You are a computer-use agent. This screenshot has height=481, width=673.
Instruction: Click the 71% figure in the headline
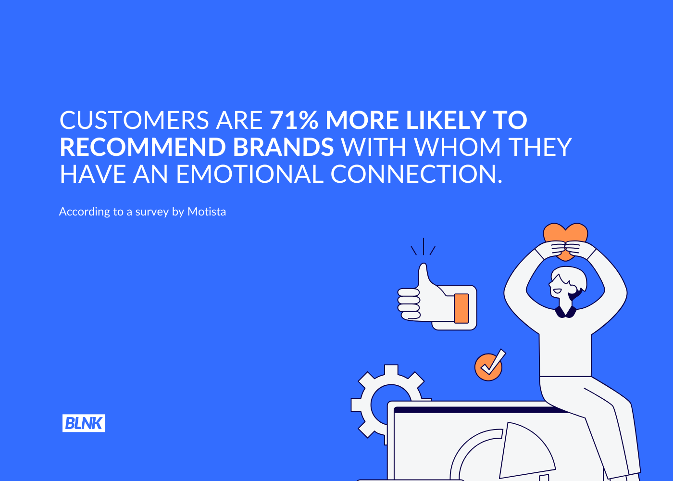tap(294, 120)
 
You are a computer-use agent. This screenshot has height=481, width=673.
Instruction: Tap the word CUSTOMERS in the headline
tap(134, 120)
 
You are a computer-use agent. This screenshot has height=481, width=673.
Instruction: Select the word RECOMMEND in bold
tap(143, 147)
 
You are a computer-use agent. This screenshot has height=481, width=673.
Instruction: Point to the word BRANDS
tap(283, 147)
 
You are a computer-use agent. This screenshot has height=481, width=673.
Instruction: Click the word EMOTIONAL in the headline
tap(249, 174)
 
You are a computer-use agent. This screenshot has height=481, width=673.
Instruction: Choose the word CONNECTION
tap(416, 174)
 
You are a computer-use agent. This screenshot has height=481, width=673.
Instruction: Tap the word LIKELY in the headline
tap(446, 120)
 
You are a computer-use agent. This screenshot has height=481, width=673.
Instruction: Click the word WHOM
tap(458, 147)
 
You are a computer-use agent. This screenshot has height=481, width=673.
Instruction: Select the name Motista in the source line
tap(207, 212)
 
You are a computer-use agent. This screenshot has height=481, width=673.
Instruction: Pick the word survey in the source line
tap(152, 212)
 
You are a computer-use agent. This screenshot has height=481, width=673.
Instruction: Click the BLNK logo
tap(84, 423)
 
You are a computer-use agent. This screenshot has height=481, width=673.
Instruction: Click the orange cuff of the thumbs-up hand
tap(461, 308)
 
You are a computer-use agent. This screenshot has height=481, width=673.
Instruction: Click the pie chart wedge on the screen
tap(526, 451)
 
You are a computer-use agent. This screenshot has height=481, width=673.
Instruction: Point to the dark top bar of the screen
tap(481, 410)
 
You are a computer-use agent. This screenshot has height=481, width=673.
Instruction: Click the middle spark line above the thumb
tap(424, 246)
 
